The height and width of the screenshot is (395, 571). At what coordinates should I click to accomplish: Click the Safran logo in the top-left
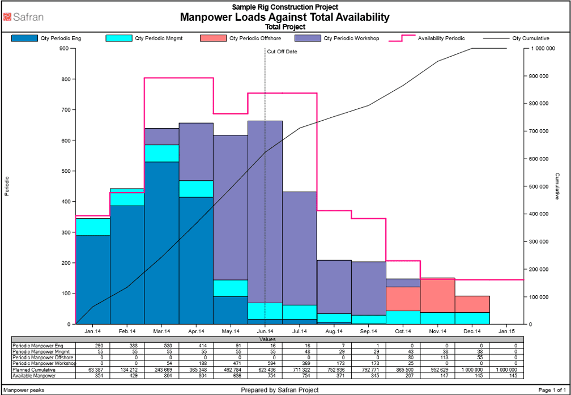pos(23,17)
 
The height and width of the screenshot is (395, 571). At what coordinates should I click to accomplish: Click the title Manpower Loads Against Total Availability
pos(284,17)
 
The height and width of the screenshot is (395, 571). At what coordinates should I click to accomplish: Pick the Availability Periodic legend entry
pos(441,39)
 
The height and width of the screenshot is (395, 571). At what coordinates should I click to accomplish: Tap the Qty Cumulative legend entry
pos(530,39)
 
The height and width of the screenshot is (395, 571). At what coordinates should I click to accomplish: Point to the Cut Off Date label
pos(282,52)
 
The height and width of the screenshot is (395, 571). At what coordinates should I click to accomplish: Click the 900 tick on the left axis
pos(64,49)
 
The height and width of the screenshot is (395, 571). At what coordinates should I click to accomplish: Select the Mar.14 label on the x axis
pos(161,331)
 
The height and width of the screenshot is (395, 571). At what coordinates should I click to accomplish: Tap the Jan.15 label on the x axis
pos(506,331)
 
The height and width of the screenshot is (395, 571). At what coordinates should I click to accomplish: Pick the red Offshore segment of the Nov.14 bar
pos(437,295)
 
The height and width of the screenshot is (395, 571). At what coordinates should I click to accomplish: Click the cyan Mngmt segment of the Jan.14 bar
pos(92,227)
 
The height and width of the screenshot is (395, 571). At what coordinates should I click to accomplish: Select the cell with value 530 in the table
pos(161,345)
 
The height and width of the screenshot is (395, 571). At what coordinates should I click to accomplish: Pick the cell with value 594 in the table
pos(265,364)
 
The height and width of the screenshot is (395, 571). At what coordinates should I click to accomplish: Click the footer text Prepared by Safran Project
pos(279,390)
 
